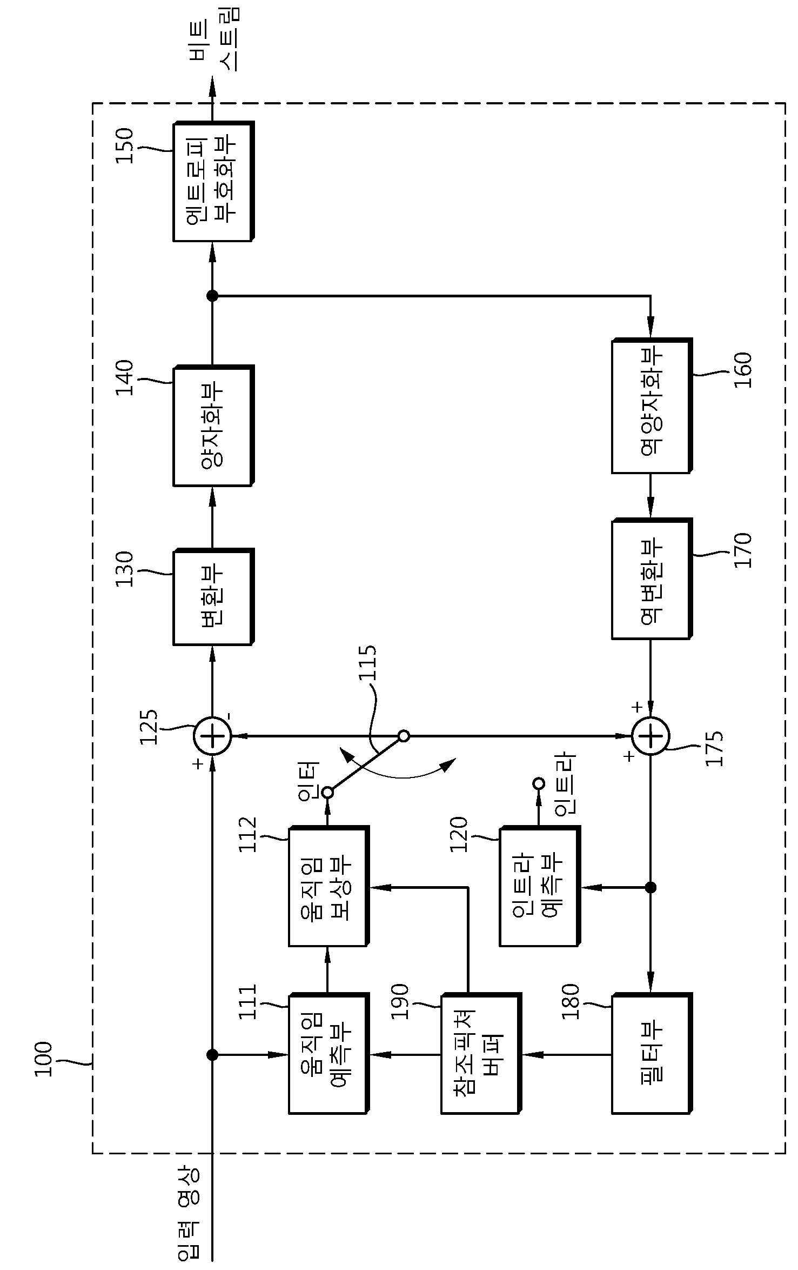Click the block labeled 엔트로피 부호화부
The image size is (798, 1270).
[213, 182]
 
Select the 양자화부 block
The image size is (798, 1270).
[213, 426]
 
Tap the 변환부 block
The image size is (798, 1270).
[213, 597]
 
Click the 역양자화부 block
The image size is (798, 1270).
[652, 406]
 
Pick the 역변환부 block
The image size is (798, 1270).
[652, 579]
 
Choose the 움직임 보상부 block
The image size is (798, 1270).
[328, 886]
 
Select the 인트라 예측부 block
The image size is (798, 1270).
[539, 886]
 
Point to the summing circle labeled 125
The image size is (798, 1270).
[212, 736]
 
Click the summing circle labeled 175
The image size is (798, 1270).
[651, 736]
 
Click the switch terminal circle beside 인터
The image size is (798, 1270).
[327, 793]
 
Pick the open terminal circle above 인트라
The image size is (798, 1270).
[538, 783]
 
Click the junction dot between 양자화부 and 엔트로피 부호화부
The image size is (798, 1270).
[212, 296]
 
